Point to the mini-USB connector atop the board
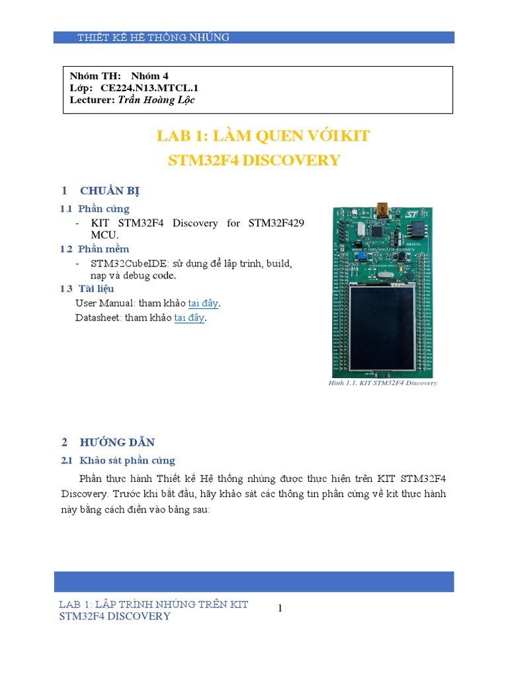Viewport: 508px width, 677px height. [x=383, y=208]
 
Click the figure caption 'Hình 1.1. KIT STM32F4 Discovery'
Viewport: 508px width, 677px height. [x=382, y=383]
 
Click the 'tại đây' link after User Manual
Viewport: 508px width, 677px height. [x=203, y=303]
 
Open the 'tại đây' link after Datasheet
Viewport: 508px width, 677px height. [x=189, y=318]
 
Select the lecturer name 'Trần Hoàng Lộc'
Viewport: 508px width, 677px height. [x=157, y=100]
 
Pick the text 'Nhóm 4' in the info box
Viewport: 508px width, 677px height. [x=150, y=76]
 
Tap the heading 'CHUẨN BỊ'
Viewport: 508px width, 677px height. [x=110, y=191]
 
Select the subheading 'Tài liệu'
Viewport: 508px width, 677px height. [x=96, y=289]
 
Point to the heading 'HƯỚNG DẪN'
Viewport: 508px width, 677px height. [x=117, y=442]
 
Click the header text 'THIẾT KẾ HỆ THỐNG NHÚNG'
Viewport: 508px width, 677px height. [x=153, y=38]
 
